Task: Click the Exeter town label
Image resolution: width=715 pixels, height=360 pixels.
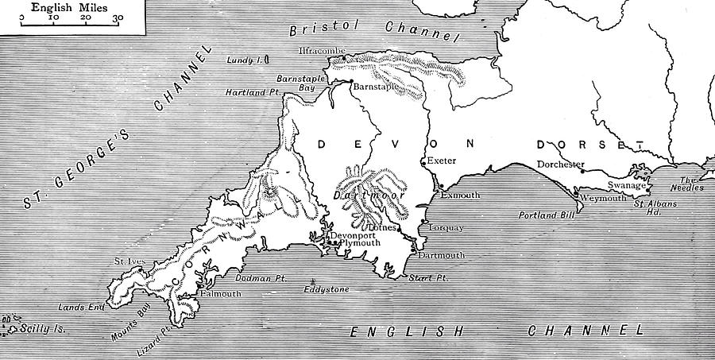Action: (443, 161)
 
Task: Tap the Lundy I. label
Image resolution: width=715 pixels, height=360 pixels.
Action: (242, 60)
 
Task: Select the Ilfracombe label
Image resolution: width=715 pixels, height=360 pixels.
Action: (320, 50)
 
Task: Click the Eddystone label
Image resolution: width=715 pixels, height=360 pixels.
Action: (327, 290)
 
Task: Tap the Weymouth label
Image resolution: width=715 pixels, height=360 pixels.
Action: (602, 196)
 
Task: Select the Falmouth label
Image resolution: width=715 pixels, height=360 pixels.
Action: (223, 294)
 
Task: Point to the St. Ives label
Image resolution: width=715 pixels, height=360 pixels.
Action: (129, 261)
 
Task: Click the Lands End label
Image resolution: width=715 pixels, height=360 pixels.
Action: (77, 306)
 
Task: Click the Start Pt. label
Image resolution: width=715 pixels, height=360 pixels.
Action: (429, 278)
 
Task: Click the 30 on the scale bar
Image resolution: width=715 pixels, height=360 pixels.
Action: (118, 17)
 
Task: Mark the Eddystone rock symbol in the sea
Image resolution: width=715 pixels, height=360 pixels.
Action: (315, 281)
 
